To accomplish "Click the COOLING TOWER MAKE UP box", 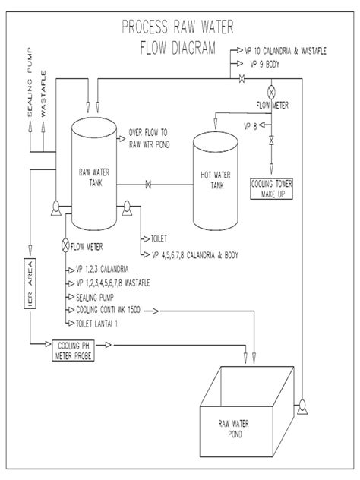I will point(271,188).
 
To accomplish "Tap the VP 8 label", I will point(252,125).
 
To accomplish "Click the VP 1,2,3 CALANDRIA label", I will point(103,269).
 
